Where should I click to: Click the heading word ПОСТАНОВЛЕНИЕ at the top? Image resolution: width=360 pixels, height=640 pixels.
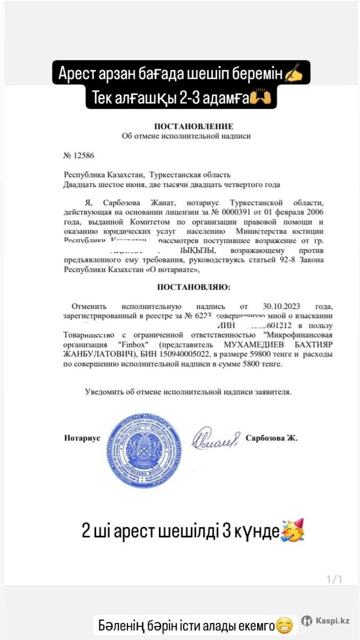pos(194,126)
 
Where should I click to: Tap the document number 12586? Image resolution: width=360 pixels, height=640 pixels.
pos(79,156)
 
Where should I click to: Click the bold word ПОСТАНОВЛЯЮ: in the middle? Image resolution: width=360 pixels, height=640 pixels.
pos(194,287)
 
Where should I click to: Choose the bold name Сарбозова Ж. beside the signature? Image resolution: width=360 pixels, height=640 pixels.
pos(271,438)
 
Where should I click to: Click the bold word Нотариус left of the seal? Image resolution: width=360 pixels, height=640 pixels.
pos(82,438)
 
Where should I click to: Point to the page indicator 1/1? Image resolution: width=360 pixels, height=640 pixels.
pos(333,579)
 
